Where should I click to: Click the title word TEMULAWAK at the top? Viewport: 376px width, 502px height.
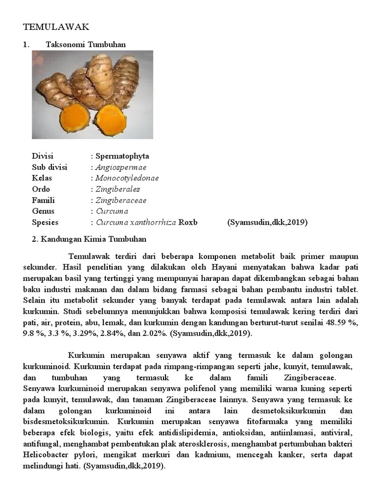pos(56,27)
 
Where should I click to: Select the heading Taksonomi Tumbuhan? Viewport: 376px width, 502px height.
pos(86,45)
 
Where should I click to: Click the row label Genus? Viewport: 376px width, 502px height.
pos(43,211)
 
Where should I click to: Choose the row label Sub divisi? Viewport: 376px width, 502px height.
pos(49,167)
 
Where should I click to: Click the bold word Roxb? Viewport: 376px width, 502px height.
pos(188,222)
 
